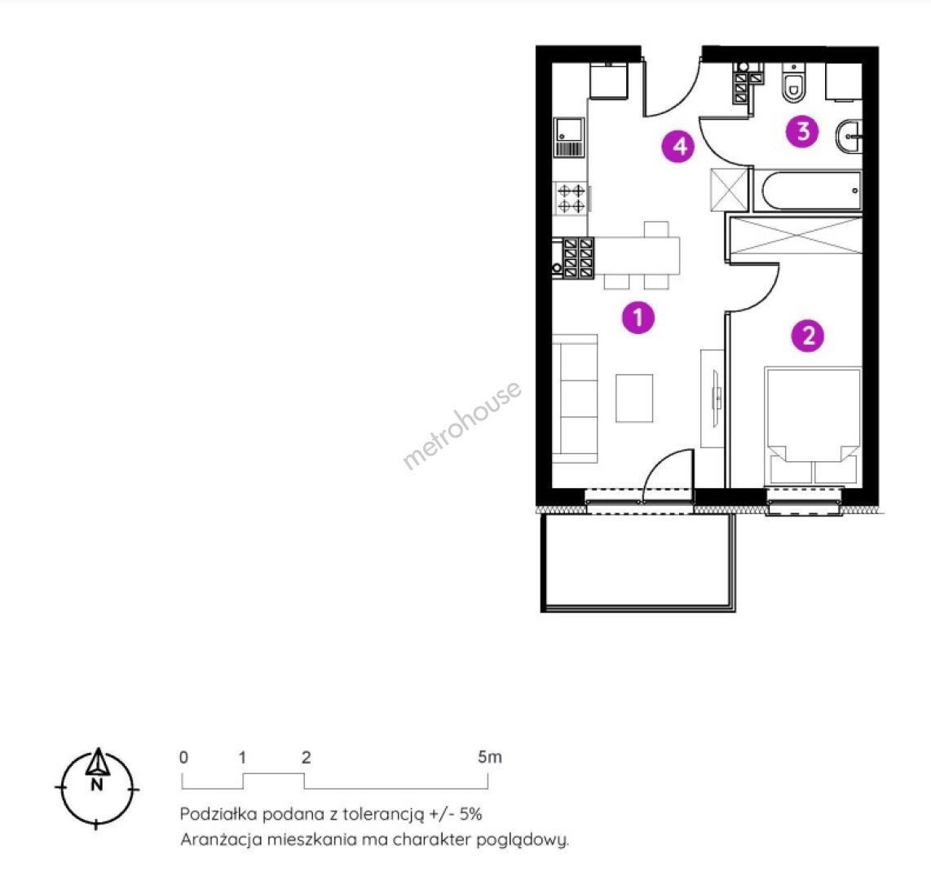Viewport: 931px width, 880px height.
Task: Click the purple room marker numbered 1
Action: pyautogui.click(x=638, y=318)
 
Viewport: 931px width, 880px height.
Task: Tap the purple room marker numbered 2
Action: pyautogui.click(x=808, y=336)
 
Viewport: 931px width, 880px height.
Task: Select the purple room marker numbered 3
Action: pyautogui.click(x=802, y=131)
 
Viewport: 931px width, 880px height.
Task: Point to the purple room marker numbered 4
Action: pyautogui.click(x=678, y=145)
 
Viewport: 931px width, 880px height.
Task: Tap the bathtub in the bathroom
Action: pyautogui.click(x=808, y=191)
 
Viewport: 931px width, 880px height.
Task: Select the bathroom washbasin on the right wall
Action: pyautogui.click(x=849, y=136)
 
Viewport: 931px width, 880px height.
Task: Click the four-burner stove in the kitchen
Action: pyautogui.click(x=571, y=199)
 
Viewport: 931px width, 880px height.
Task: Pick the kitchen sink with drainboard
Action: pyautogui.click(x=569, y=137)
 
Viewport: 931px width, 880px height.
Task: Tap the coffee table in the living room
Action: pyautogui.click(x=634, y=398)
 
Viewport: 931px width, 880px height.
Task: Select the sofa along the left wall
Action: pyautogui.click(x=575, y=398)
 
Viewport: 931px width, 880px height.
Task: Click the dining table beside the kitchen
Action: pyautogui.click(x=637, y=255)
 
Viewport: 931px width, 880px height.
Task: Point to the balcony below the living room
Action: pyautogui.click(x=638, y=562)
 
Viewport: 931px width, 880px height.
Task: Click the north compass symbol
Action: pyautogui.click(x=97, y=789)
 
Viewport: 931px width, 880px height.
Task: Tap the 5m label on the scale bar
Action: pyautogui.click(x=490, y=757)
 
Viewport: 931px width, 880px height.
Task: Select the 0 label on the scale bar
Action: pyautogui.click(x=184, y=757)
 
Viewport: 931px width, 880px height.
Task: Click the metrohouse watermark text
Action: pyautogui.click(x=462, y=425)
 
